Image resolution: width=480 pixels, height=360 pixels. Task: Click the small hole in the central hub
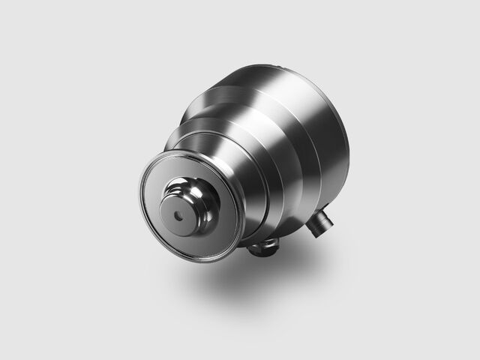[x=177, y=213]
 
